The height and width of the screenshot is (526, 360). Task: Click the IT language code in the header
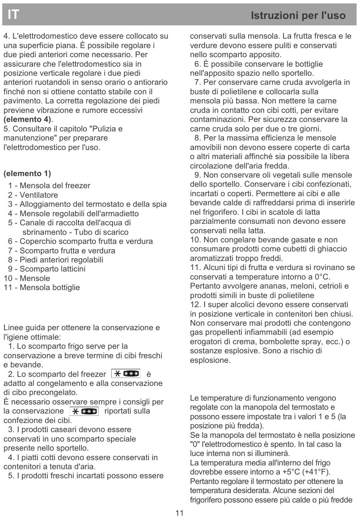[13, 14]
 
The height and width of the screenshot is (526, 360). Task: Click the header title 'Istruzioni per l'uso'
[298, 16]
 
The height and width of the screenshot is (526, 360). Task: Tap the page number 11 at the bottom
[180, 513]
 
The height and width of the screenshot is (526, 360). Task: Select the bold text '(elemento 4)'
[28, 119]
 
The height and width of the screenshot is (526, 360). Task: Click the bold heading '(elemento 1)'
[27, 173]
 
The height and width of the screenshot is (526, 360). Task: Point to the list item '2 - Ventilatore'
[33, 195]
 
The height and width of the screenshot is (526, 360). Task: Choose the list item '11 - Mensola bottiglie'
[42, 287]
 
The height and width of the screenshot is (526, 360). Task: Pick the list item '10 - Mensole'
[27, 278]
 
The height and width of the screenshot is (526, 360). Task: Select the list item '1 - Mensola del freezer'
[49, 186]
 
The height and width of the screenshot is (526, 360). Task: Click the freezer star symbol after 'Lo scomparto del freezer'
[126, 374]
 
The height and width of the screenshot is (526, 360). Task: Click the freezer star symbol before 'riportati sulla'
[84, 411]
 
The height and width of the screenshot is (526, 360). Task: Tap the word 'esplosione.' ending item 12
[210, 360]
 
